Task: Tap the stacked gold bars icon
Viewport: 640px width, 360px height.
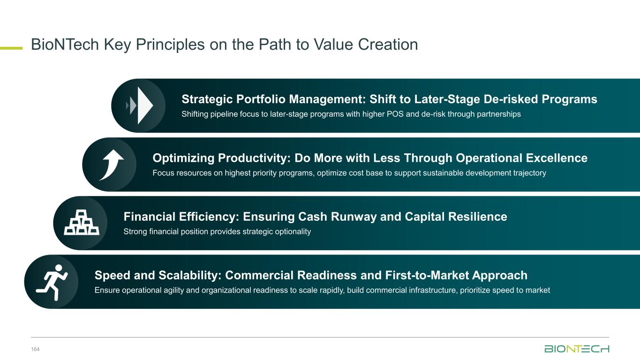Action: point(82,222)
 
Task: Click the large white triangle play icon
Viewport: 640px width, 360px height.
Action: point(145,105)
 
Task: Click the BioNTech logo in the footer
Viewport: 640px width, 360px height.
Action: point(577,349)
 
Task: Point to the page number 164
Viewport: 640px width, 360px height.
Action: point(35,349)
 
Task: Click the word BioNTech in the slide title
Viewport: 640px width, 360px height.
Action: point(65,45)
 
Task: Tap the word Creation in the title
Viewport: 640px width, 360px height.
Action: point(388,45)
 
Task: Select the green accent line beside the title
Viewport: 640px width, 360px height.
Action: point(11,48)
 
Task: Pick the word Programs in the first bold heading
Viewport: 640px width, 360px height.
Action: point(569,99)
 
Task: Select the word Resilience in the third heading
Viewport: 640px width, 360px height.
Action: point(478,217)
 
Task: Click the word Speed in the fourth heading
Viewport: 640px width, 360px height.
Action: point(113,276)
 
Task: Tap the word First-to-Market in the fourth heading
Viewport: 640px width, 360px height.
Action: point(427,276)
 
